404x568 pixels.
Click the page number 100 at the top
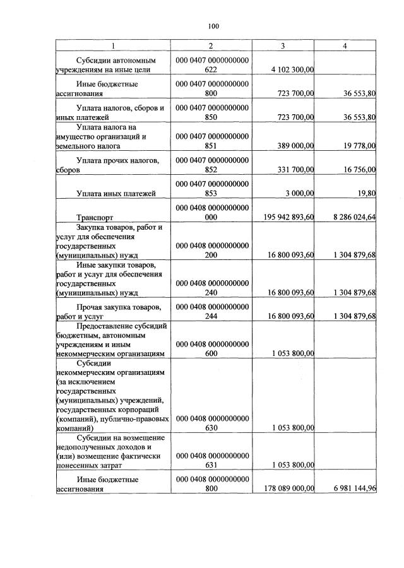(x=212, y=26)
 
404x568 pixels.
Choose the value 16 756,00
(x=355, y=169)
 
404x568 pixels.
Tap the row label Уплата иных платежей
(x=116, y=193)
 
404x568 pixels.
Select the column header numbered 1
(x=114, y=46)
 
